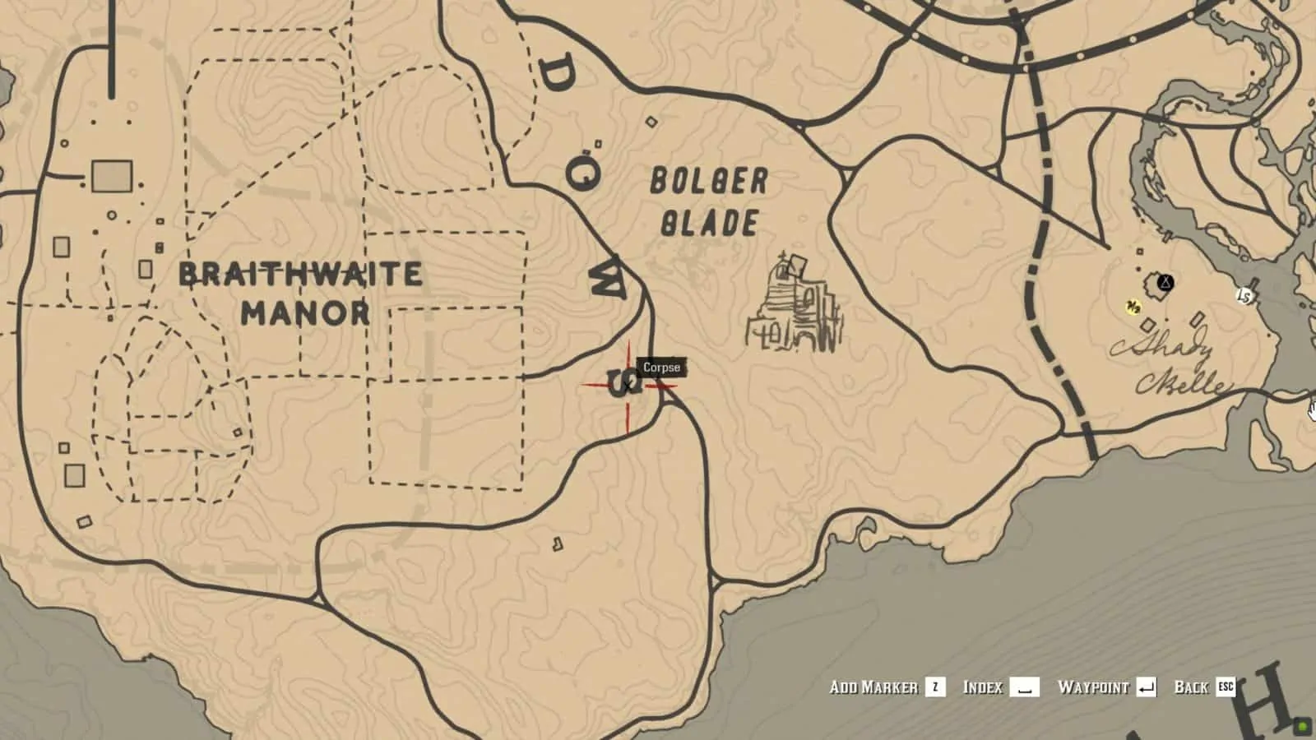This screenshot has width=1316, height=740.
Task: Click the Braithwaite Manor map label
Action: pos(300,293)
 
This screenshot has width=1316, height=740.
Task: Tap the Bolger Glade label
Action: pos(708,202)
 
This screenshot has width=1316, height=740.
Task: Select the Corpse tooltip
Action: pos(661,368)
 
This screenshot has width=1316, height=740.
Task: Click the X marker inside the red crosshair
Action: pos(628,386)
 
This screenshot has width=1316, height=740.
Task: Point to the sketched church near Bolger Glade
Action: pos(795,306)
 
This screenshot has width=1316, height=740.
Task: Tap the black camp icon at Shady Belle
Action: pos(1165,284)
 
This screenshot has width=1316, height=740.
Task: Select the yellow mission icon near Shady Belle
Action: pos(1133,308)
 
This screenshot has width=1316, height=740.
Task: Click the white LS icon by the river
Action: pos(1244,296)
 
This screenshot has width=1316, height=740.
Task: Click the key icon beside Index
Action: pos(1024,687)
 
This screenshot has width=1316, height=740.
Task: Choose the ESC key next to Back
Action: pos(1226,687)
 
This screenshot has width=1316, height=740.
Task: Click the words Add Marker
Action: pos(873,687)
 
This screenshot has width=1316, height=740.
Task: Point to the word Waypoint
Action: pos(1093,687)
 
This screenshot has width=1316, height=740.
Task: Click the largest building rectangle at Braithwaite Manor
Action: pos(112,176)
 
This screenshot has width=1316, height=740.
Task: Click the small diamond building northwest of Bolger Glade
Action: pos(651,123)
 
